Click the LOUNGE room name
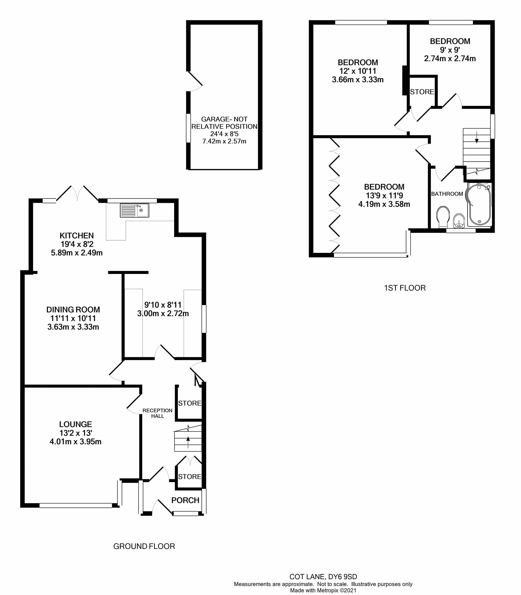(x=76, y=424)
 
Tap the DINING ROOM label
(x=73, y=310)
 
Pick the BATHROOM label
(x=447, y=194)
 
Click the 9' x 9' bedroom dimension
(x=450, y=50)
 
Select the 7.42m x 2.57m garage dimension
(x=224, y=141)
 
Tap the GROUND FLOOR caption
(x=144, y=547)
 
